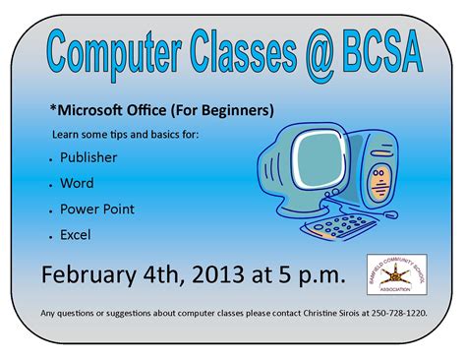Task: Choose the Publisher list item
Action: click(x=88, y=157)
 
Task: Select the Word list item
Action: click(x=77, y=183)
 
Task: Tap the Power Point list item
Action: click(x=97, y=210)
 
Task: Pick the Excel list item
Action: click(x=76, y=235)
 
